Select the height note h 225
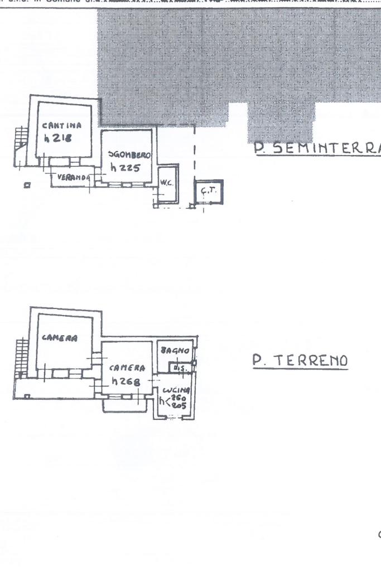coord(124,168)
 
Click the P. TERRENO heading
coord(300,361)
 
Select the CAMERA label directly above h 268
coord(127,368)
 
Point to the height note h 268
coord(127,381)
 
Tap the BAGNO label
coord(175,351)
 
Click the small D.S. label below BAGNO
coord(179,368)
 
